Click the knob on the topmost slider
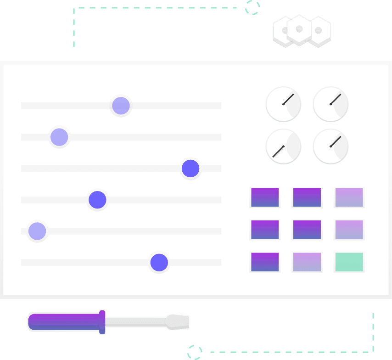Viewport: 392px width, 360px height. (x=121, y=106)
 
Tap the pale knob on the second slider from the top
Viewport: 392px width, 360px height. (x=59, y=137)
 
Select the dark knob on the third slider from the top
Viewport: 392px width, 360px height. (x=190, y=169)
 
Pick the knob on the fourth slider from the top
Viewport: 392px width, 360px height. (x=97, y=200)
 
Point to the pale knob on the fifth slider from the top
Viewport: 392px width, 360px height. (x=37, y=231)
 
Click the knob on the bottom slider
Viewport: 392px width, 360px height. (x=159, y=263)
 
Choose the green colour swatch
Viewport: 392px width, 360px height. (x=349, y=262)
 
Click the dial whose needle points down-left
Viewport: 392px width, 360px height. (x=283, y=147)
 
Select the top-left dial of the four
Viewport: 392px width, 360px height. (x=283, y=104)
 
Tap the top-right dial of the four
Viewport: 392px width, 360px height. (x=330, y=104)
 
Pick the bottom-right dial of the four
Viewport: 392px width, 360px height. (x=330, y=147)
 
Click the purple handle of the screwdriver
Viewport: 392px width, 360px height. (x=64, y=322)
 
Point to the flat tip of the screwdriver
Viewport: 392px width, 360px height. (x=178, y=322)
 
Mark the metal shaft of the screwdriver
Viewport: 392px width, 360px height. (x=135, y=322)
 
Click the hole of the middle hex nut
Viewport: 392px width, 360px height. (x=299, y=30)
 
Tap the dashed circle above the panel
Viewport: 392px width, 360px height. (x=252, y=7)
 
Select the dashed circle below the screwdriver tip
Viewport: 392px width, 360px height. (x=195, y=352)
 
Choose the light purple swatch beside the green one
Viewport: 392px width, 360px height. (x=307, y=262)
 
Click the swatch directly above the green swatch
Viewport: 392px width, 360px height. (x=349, y=230)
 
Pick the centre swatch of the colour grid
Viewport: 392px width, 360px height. (x=307, y=230)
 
